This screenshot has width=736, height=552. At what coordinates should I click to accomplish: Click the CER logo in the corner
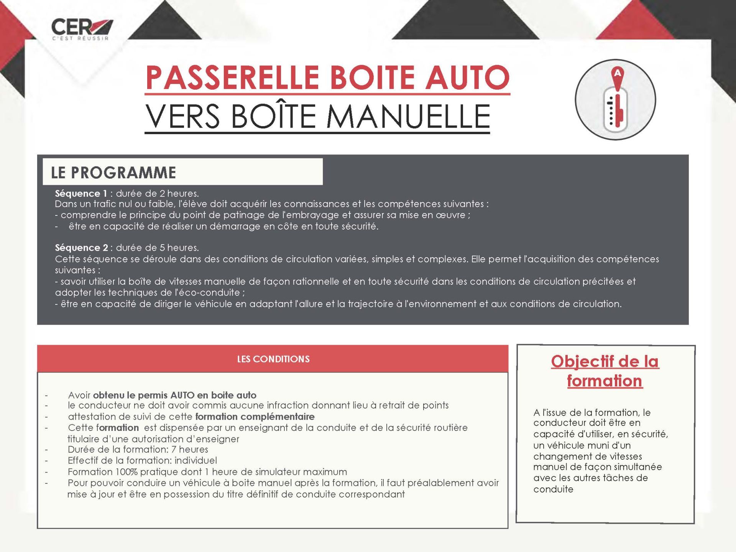pyautogui.click(x=82, y=29)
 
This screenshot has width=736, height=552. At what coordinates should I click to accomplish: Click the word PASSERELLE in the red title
pyautogui.click(x=232, y=78)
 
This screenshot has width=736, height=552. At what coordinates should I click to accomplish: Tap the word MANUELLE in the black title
pyautogui.click(x=408, y=117)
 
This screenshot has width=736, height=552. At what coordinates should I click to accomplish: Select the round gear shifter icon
pyautogui.click(x=615, y=100)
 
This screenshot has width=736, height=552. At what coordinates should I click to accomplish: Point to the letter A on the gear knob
pyautogui.click(x=617, y=73)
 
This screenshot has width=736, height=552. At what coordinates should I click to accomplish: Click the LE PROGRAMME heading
pyautogui.click(x=113, y=172)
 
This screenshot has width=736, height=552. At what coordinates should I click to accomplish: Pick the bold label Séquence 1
pyautogui.click(x=80, y=194)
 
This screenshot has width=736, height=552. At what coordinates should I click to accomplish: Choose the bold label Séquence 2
pyautogui.click(x=81, y=248)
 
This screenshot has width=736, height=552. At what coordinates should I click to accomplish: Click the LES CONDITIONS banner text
pyautogui.click(x=273, y=359)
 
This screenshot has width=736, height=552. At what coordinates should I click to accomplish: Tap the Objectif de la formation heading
pyautogui.click(x=605, y=371)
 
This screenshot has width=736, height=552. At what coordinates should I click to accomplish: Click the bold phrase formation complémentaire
pyautogui.click(x=255, y=417)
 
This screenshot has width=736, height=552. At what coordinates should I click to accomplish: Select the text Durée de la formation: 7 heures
pyautogui.click(x=138, y=450)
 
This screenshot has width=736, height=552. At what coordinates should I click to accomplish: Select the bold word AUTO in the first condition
pyautogui.click(x=182, y=395)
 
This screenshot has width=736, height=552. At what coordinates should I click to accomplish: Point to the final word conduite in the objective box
pyautogui.click(x=553, y=490)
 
